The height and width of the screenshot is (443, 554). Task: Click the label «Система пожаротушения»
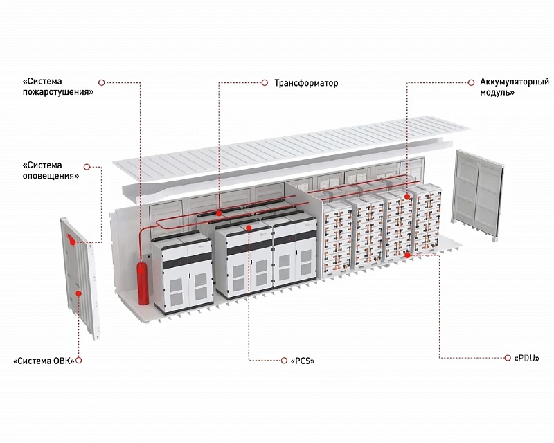(58, 87)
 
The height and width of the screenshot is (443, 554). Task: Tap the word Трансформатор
(306, 83)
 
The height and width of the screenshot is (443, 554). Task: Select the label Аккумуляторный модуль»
(515, 87)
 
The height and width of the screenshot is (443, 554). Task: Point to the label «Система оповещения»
(51, 170)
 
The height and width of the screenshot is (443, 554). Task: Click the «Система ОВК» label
(44, 361)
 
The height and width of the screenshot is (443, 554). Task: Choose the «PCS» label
(303, 361)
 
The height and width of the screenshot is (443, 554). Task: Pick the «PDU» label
(527, 359)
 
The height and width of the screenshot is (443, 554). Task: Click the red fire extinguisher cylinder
(143, 282)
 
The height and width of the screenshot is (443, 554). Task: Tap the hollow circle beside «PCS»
(284, 361)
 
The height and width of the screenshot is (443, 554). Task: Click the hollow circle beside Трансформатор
(265, 82)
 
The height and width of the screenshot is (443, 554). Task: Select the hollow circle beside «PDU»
(508, 358)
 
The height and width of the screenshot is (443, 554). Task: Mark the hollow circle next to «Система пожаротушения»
(101, 82)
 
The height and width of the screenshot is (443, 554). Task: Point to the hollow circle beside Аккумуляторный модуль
(471, 82)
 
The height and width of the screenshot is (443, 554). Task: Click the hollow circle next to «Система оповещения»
(87, 166)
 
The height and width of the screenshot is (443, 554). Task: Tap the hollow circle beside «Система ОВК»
(79, 361)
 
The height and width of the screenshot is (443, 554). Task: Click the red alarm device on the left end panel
(71, 239)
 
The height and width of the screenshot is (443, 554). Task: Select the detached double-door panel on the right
(479, 195)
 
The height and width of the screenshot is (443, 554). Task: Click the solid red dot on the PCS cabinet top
(249, 228)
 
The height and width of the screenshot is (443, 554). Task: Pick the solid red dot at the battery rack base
(407, 255)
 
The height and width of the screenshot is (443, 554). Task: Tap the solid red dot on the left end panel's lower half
(79, 293)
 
